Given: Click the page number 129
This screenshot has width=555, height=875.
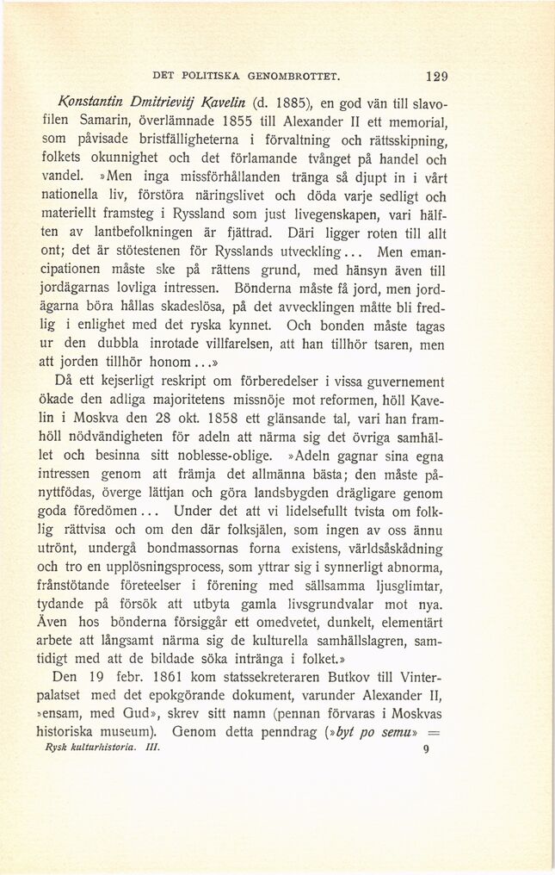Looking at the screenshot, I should click(435, 75).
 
